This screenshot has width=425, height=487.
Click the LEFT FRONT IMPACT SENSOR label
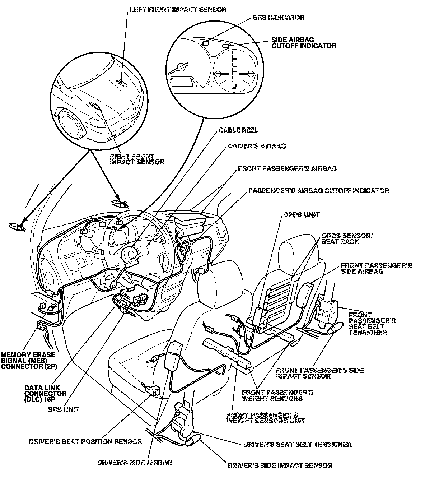point(178,9)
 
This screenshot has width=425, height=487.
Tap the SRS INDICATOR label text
point(278,17)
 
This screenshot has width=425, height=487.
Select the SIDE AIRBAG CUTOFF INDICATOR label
point(304,43)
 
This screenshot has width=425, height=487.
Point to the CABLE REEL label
point(238,130)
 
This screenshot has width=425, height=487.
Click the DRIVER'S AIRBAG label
point(257,146)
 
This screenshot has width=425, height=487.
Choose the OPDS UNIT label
point(301,215)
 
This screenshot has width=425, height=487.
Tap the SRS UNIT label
point(64,409)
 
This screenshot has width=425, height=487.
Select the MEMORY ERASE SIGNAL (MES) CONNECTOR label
point(29,361)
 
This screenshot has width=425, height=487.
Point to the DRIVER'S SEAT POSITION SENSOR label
point(85,442)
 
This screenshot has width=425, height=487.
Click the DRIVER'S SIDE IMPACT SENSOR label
point(280,466)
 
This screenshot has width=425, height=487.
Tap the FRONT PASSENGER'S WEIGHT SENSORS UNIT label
point(266,418)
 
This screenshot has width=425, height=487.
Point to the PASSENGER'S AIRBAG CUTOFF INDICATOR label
point(318,190)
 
